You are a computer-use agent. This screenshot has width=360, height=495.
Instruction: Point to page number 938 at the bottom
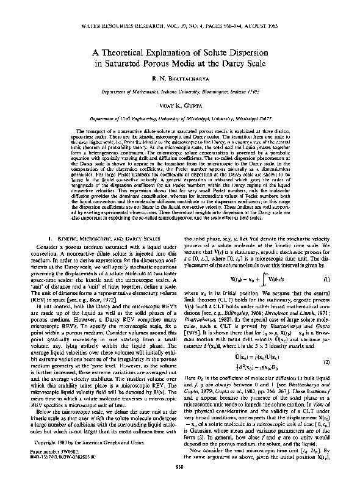179,484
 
